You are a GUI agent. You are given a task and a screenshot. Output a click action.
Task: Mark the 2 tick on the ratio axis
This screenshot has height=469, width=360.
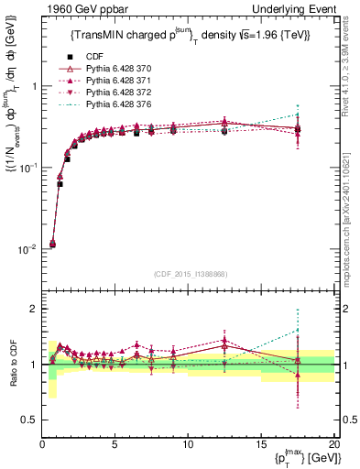pos(34,309)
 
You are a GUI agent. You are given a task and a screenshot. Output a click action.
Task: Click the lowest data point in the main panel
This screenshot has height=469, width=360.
pos(52,244)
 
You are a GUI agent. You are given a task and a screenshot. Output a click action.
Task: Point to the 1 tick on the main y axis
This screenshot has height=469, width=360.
pos(33,86)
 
